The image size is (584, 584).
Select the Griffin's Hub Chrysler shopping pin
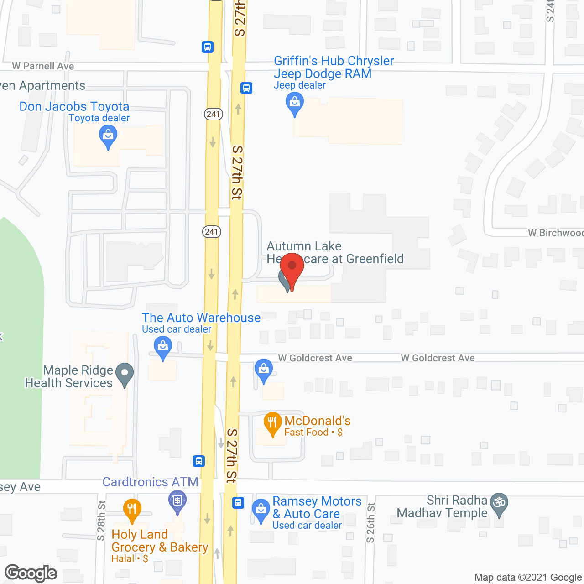tap(295, 103)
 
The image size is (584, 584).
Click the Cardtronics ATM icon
tap(177, 501)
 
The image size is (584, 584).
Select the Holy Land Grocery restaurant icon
tap(132, 510)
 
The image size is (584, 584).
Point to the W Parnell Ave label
tap(43, 66)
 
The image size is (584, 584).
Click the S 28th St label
tap(101, 521)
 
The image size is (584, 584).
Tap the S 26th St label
tap(370, 523)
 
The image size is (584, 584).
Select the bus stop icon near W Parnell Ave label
tap(208, 47)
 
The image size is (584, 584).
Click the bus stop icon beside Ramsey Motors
tap(238, 503)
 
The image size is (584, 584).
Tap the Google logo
tap(31, 573)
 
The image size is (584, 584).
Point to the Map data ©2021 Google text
tap(528, 578)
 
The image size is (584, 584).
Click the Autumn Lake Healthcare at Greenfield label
tap(335, 252)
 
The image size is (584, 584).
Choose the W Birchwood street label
tap(556, 233)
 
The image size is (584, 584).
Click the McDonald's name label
tap(318, 420)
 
